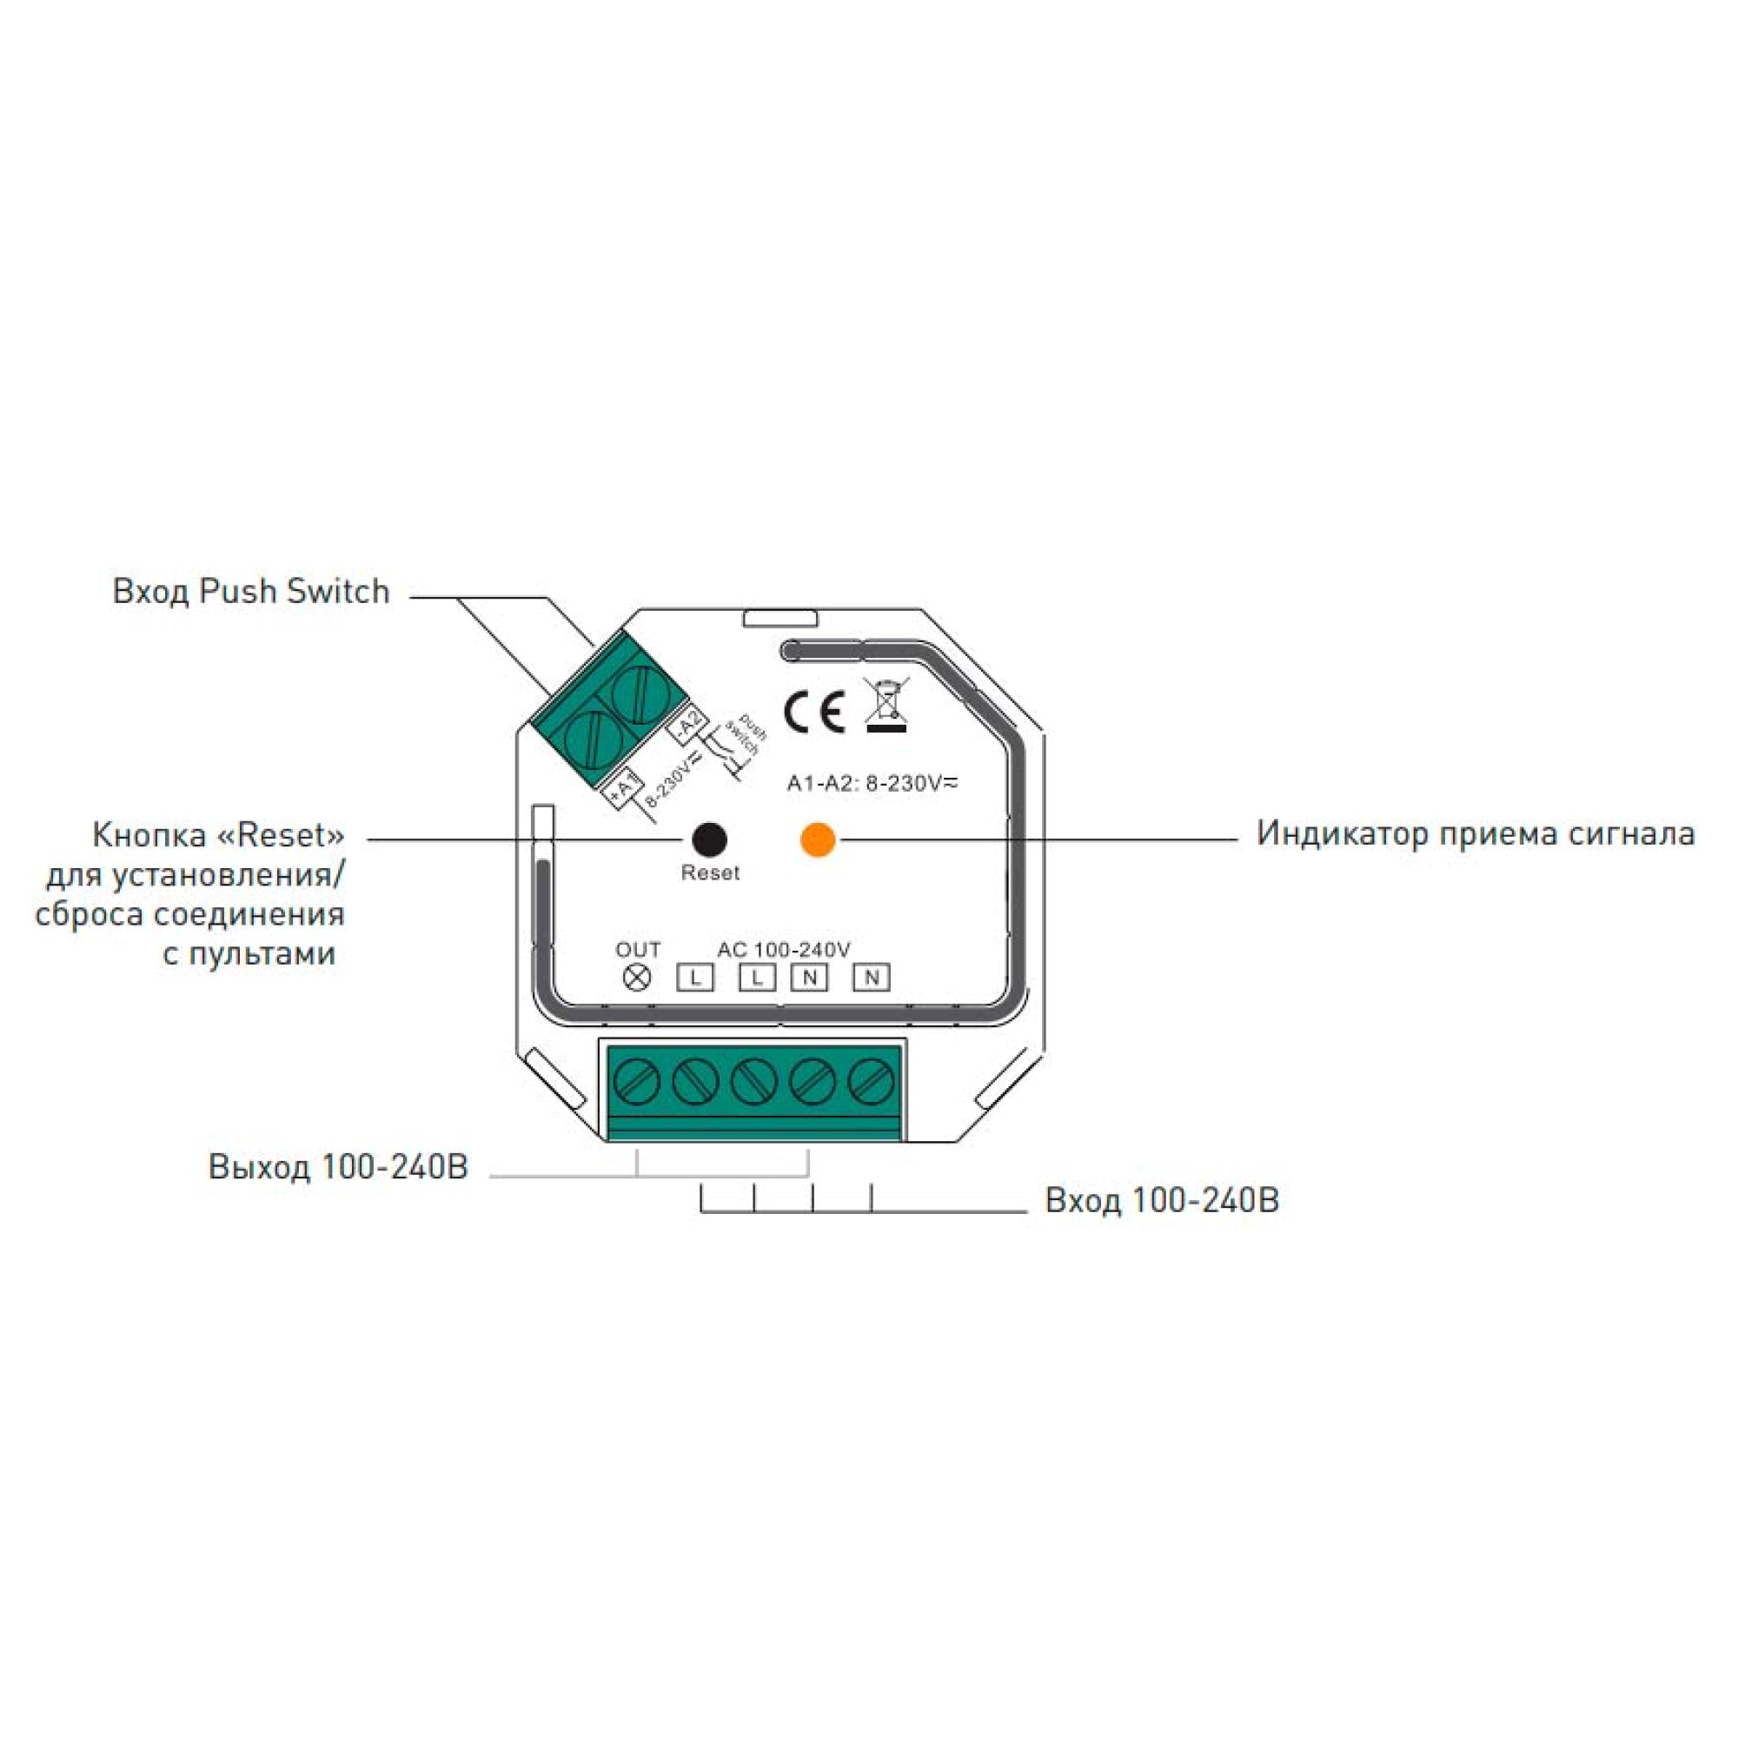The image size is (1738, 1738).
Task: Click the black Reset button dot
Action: (709, 839)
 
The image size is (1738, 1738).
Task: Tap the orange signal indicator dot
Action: (818, 839)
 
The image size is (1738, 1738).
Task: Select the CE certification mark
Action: (814, 713)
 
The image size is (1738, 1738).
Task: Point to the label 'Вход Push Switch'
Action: (251, 591)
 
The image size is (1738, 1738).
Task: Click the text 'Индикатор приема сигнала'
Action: (1476, 833)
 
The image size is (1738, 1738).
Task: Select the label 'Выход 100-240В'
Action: (338, 1166)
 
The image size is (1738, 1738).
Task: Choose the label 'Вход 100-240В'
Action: (1161, 1200)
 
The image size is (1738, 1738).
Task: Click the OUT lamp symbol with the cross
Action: (637, 977)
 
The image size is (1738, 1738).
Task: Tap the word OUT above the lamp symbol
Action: (638, 950)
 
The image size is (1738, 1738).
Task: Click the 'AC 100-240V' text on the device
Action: (784, 950)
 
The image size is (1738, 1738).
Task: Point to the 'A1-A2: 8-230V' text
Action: (872, 784)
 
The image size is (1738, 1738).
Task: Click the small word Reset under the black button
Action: (710, 872)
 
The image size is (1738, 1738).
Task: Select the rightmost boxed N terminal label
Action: (871, 977)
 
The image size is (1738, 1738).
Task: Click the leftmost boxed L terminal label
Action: (694, 977)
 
